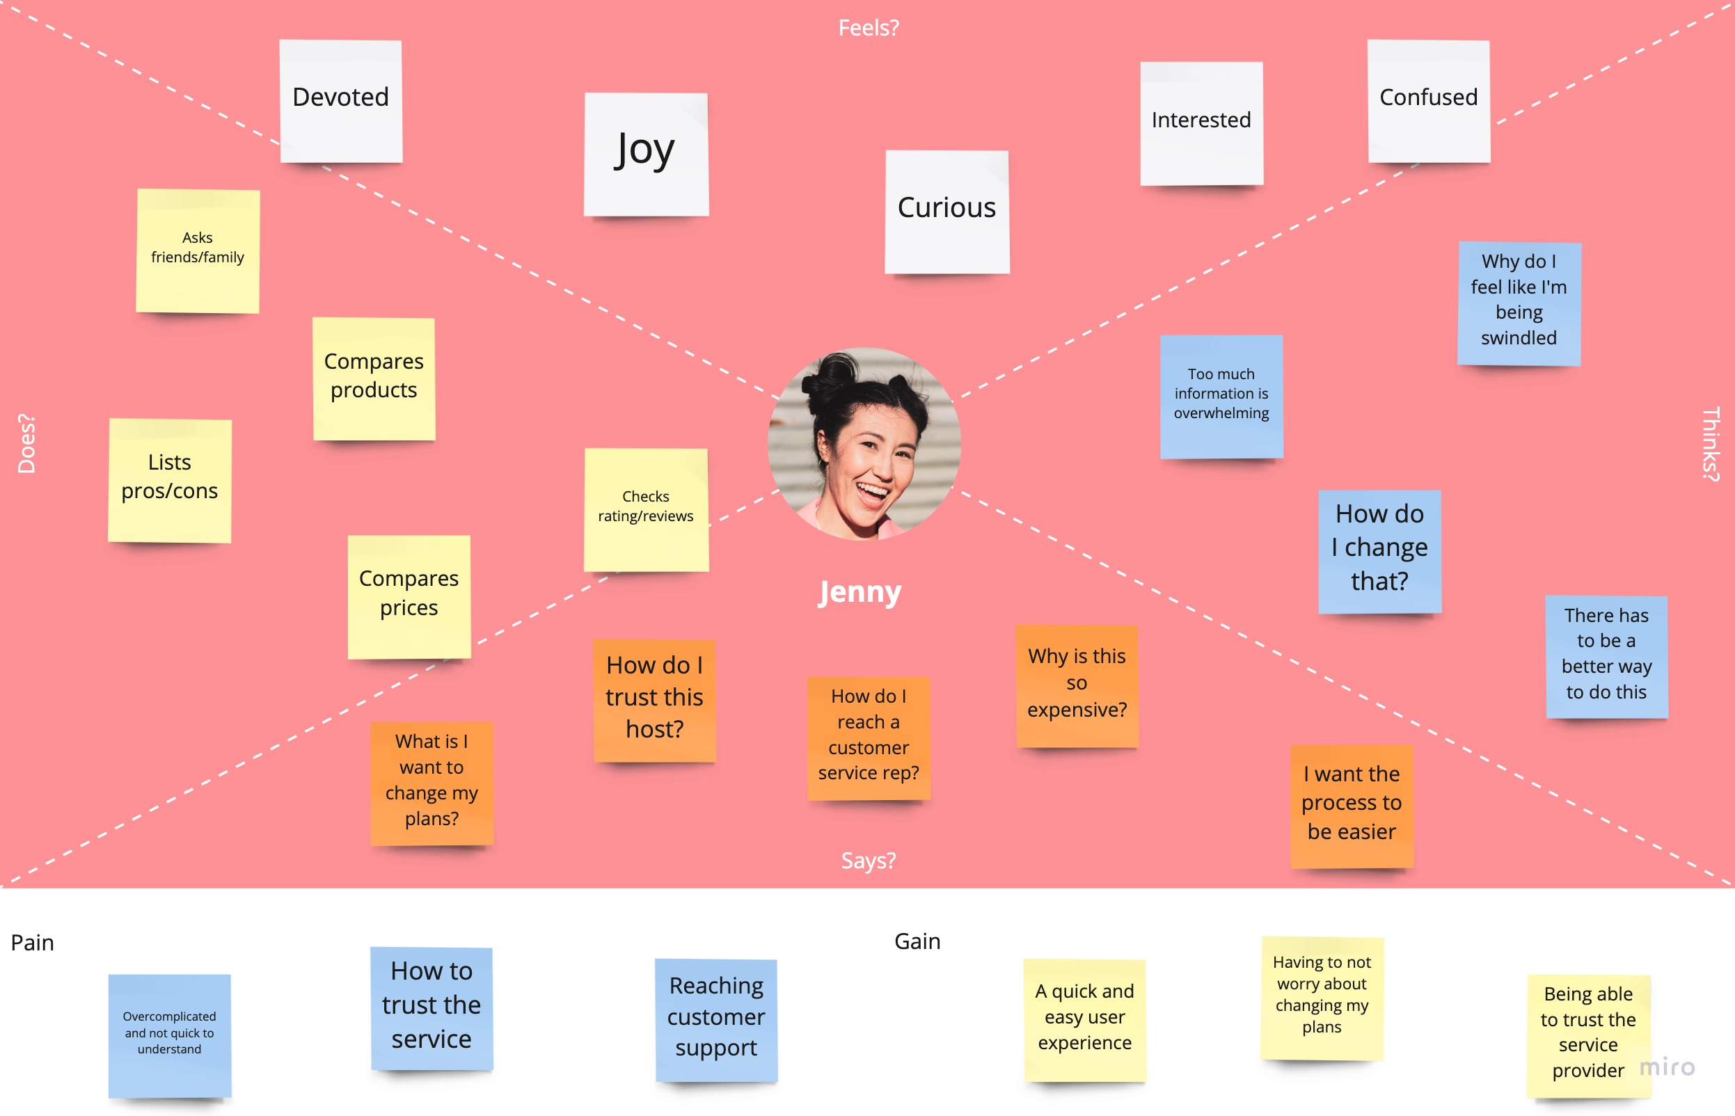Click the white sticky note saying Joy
pyautogui.click(x=646, y=154)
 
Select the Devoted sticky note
pyautogui.click(x=340, y=101)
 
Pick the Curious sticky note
pyautogui.click(x=946, y=211)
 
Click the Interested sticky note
pyautogui.click(x=1201, y=123)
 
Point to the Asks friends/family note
pyautogui.click(x=198, y=250)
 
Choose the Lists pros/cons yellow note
pyautogui.click(x=170, y=480)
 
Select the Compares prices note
pyautogui.click(x=409, y=596)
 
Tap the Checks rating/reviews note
pyautogui.click(x=646, y=509)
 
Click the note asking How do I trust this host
pyautogui.click(x=654, y=699)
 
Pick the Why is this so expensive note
pyautogui.click(x=1077, y=685)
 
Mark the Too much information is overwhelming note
pyautogui.click(x=1221, y=396)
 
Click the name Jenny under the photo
pyautogui.click(x=860, y=592)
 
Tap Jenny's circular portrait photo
pyautogui.click(x=864, y=443)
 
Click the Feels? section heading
pyautogui.click(x=869, y=28)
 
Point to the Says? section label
pyautogui.click(x=869, y=860)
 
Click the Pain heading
pyautogui.click(x=33, y=942)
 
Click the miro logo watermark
pyautogui.click(x=1667, y=1067)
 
